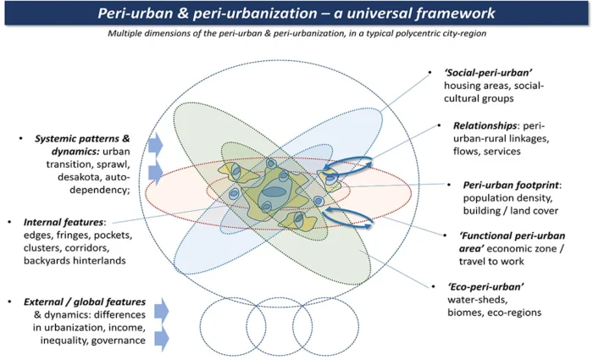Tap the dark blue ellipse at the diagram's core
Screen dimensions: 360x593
click(272, 191)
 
